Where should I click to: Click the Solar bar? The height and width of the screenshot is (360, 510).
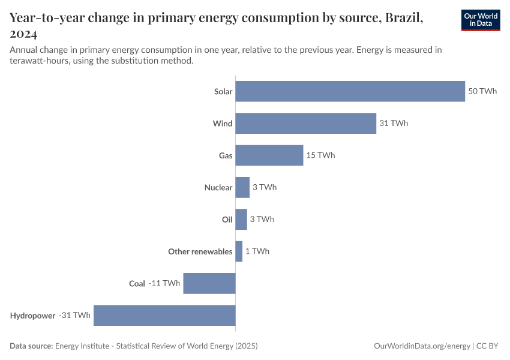click(x=350, y=91)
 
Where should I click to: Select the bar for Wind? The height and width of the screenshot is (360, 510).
click(x=305, y=123)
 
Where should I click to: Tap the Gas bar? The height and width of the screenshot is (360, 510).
click(x=269, y=155)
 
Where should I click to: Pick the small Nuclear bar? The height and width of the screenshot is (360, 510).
click(x=242, y=187)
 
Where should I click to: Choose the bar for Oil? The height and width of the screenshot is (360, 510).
click(x=241, y=219)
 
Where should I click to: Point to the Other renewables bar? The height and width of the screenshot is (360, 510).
click(x=239, y=251)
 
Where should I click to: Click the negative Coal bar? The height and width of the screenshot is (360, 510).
click(x=209, y=283)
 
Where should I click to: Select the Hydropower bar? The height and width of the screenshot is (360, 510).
click(x=164, y=315)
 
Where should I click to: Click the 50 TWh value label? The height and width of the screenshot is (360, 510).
click(x=482, y=91)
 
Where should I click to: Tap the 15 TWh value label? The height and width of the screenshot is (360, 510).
click(x=320, y=155)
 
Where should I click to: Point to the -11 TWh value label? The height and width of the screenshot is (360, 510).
click(x=164, y=283)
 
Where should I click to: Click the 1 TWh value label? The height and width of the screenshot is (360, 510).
click(x=257, y=251)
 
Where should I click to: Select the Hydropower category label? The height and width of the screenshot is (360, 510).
click(x=32, y=315)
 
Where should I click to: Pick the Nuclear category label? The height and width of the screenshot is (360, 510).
click(x=218, y=187)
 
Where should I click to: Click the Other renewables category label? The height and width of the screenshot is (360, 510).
click(x=200, y=251)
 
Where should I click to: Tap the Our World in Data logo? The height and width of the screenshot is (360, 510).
click(x=481, y=20)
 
